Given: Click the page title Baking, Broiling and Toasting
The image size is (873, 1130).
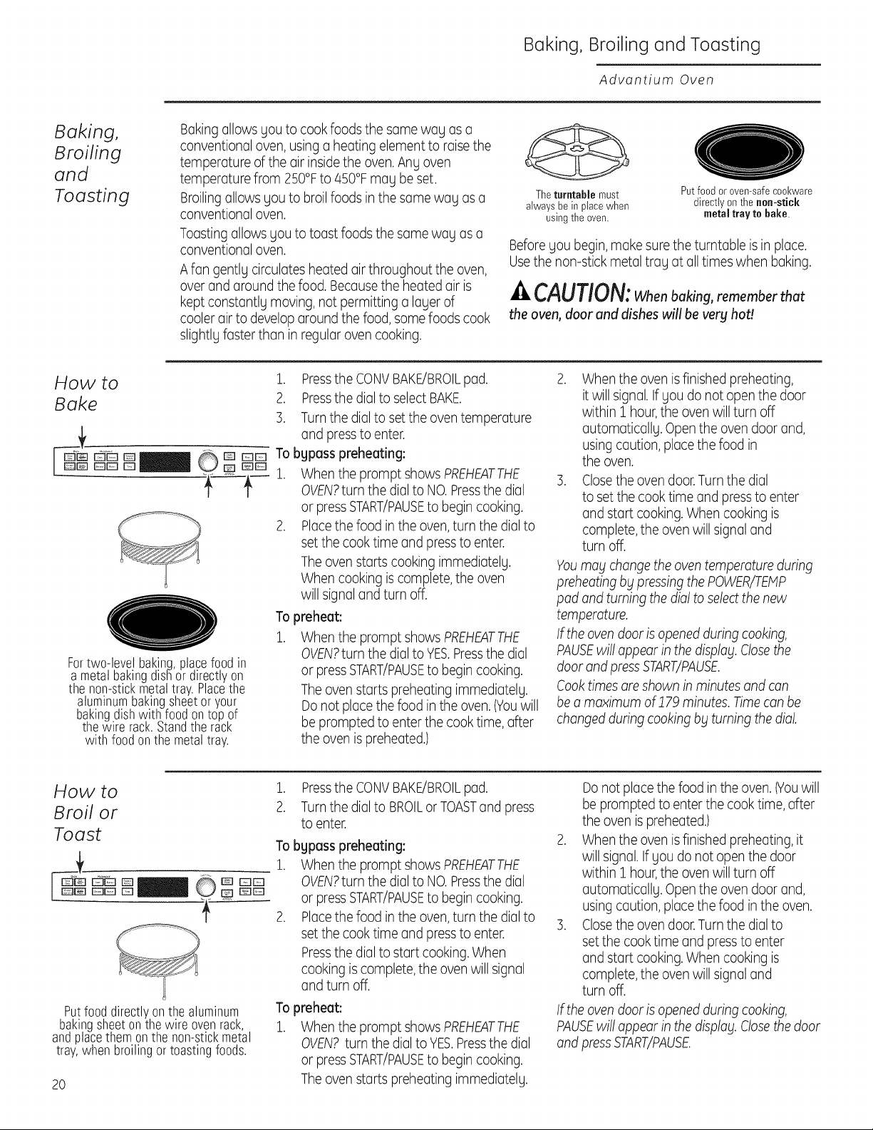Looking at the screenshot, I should pos(641,45).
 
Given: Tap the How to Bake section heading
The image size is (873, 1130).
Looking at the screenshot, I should pos(86,394).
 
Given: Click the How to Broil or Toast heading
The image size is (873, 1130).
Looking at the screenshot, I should pos(86,812).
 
